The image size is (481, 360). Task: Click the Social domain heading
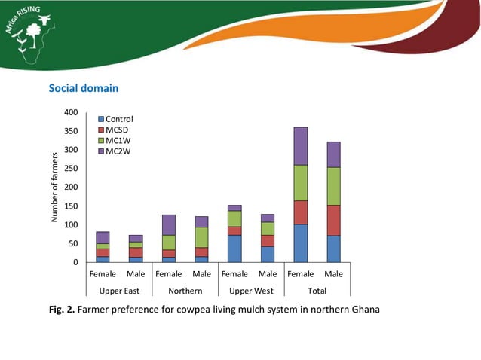[x=84, y=88]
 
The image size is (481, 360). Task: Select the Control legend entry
[x=119, y=119]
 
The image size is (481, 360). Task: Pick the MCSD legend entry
[x=117, y=130]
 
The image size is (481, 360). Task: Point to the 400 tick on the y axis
[x=70, y=113]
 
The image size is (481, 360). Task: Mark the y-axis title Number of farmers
[x=54, y=187]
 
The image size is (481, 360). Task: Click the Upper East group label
[x=119, y=291]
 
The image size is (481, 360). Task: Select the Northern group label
[x=185, y=291]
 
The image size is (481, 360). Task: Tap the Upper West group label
[x=251, y=291]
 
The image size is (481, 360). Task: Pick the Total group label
[x=317, y=291]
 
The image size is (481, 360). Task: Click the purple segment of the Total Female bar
[x=300, y=146]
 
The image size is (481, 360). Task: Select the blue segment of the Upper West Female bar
[x=234, y=249]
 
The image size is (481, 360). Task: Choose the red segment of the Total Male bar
[x=333, y=220]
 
